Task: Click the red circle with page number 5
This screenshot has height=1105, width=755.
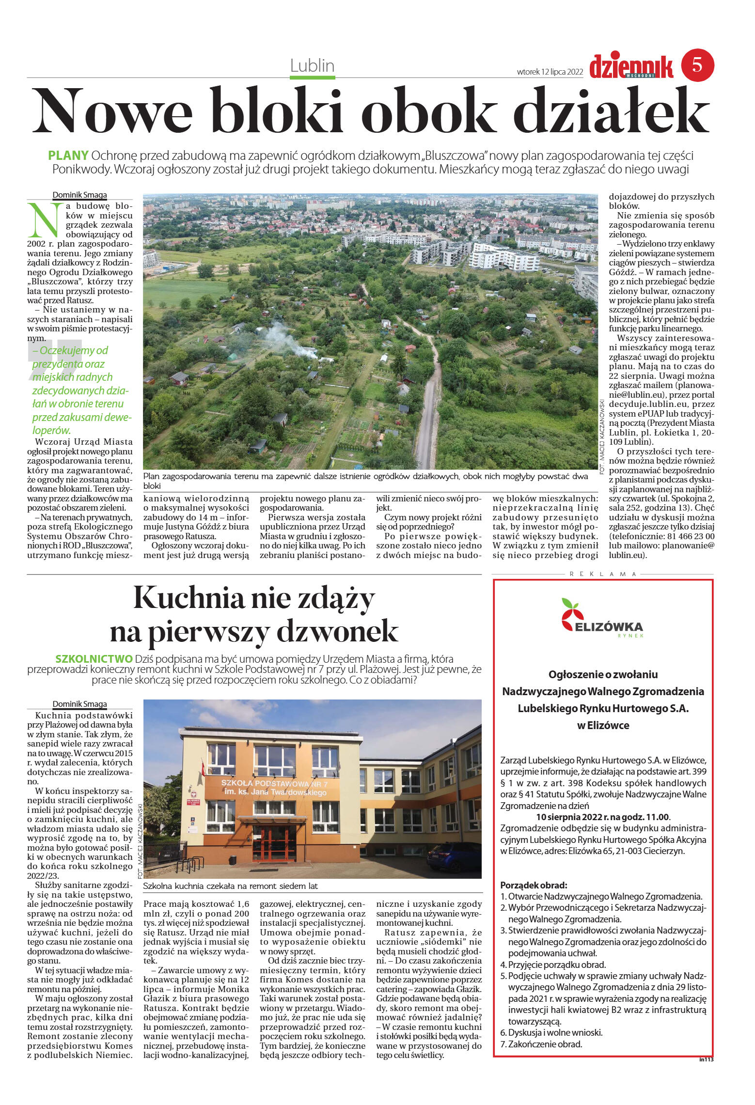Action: tap(697, 64)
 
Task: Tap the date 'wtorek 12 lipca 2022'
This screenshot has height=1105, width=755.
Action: tap(550, 72)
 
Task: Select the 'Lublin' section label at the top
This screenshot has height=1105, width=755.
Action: tap(312, 65)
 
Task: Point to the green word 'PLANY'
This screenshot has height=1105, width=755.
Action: tap(68, 156)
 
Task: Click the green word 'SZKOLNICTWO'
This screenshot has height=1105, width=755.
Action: tap(94, 659)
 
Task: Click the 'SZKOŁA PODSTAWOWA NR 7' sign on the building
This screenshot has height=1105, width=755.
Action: tap(274, 784)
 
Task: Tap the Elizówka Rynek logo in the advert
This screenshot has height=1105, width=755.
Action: tap(602, 619)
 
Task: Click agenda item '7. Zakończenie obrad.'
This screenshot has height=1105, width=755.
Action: tap(541, 1043)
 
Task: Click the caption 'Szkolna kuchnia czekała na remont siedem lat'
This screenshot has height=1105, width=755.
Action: tap(231, 886)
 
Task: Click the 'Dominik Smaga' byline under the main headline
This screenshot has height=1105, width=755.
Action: tap(79, 195)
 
